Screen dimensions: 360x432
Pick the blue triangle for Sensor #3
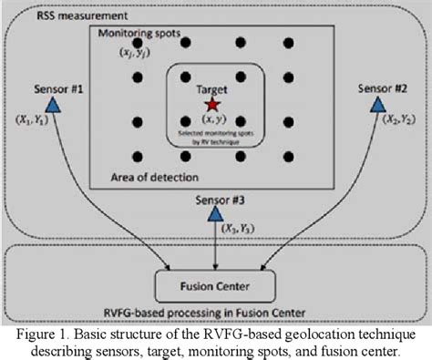[215, 212]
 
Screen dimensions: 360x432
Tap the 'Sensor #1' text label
[57, 89]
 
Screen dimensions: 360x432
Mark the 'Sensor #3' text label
[215, 196]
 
